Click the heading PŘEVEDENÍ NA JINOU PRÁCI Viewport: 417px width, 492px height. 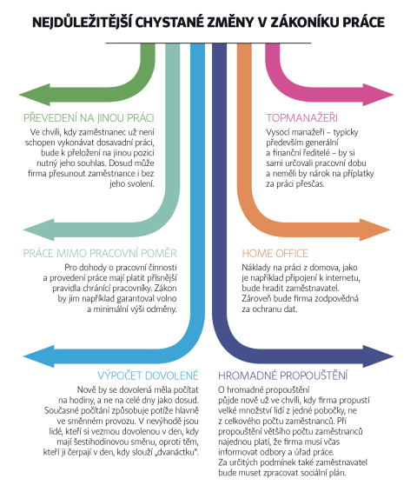(89, 118)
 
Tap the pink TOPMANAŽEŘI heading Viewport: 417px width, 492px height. (302, 118)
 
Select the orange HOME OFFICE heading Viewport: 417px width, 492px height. (275, 253)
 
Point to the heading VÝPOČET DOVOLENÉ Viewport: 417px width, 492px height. (148, 376)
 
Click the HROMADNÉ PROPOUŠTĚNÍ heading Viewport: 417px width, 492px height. (283, 376)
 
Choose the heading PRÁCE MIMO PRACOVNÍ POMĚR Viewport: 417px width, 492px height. (100, 253)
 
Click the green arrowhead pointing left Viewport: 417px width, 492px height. (35, 95)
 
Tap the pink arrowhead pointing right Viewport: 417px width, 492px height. (378, 95)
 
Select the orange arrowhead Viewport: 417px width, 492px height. (375, 229)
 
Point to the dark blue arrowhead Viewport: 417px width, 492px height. (379, 356)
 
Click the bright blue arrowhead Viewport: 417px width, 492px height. (38, 356)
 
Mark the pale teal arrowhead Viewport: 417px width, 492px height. (38, 229)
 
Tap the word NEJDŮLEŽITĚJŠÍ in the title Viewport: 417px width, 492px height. (82, 22)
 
